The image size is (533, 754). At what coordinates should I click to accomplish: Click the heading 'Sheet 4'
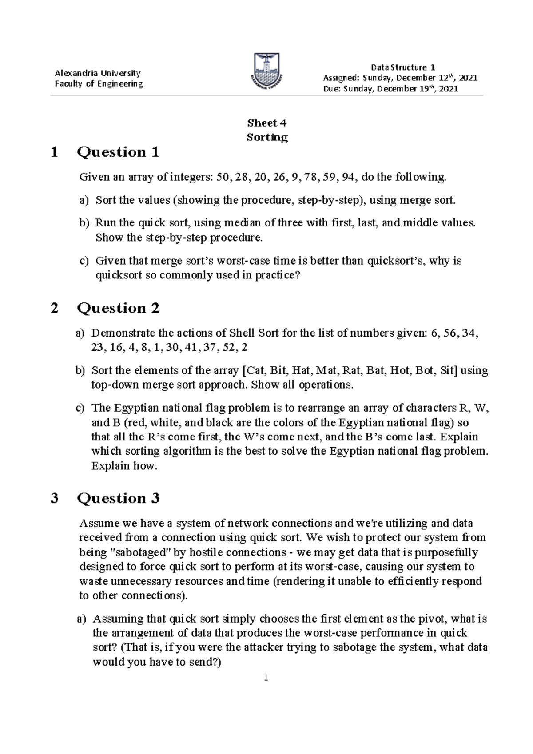point(267,123)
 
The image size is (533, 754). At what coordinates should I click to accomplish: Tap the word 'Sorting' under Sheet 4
point(267,137)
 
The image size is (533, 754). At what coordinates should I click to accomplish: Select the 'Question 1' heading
point(118,152)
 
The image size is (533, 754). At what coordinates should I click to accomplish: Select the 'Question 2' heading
point(118,308)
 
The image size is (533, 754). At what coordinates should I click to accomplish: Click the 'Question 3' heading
point(118,498)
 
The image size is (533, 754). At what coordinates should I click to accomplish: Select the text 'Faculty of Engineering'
point(98,84)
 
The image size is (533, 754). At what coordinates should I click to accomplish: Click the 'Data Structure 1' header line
point(402,67)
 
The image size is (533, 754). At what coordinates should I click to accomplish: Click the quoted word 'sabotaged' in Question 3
point(133,552)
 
